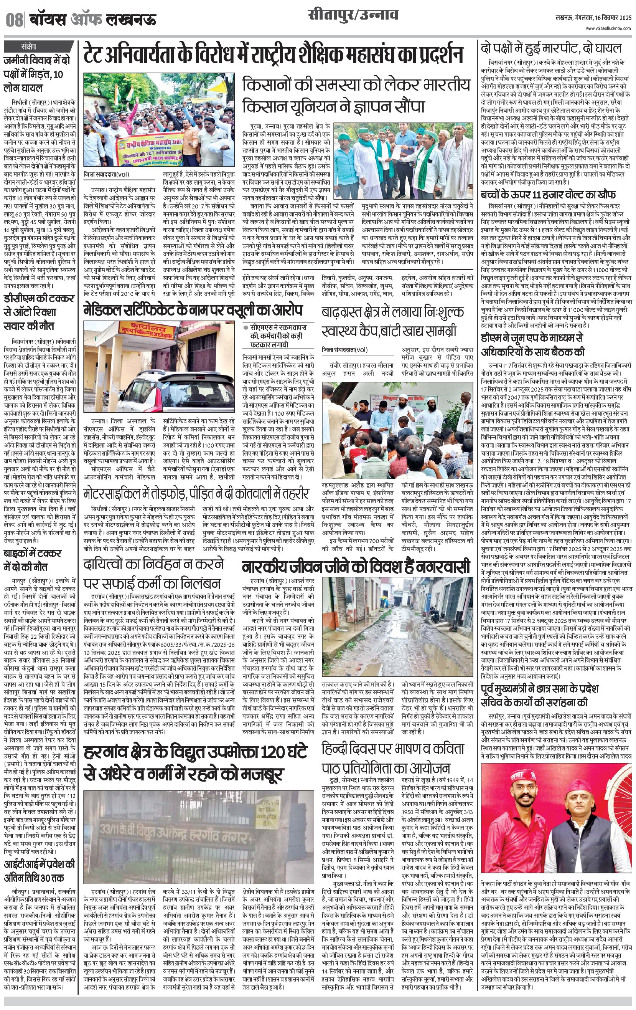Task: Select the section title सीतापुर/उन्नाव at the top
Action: coord(353,17)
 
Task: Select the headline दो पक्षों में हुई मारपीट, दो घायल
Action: coord(551,48)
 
